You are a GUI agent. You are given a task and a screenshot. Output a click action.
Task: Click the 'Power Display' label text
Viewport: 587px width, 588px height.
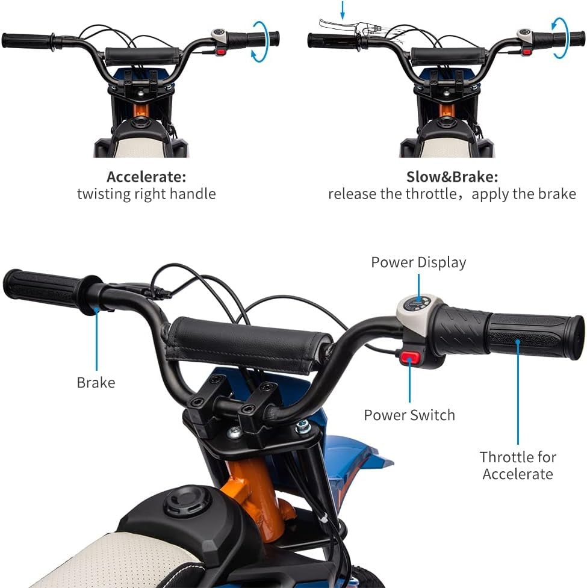pyautogui.click(x=418, y=262)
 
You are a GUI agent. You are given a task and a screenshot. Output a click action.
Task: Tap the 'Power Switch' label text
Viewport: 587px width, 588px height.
pyautogui.click(x=409, y=415)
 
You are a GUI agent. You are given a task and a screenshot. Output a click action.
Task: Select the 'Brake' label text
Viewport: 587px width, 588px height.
pyautogui.click(x=96, y=383)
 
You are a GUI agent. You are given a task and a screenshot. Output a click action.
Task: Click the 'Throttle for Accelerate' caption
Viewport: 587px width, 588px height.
pyautogui.click(x=518, y=465)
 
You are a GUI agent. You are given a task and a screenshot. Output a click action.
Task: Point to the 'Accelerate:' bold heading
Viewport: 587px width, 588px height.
pyautogui.click(x=146, y=176)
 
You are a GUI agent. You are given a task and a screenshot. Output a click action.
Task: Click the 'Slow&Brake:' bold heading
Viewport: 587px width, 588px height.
pyautogui.click(x=452, y=176)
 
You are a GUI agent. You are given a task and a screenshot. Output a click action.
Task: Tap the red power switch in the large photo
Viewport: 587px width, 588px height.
pyautogui.click(x=409, y=357)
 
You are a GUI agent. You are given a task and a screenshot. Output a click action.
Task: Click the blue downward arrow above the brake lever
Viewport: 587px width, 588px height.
pyautogui.click(x=342, y=10)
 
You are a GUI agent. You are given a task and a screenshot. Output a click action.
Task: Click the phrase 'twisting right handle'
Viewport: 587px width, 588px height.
pyautogui.click(x=146, y=194)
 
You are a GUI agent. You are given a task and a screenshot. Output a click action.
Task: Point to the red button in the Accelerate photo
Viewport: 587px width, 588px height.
pyautogui.click(x=220, y=52)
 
